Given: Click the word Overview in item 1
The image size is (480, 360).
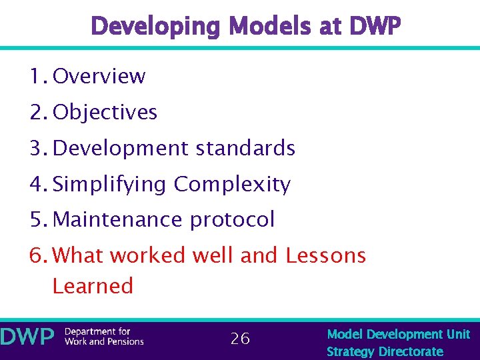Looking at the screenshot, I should click(99, 77).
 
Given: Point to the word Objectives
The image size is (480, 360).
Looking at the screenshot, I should click(105, 113).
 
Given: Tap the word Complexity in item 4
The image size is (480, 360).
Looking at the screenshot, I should click(232, 184).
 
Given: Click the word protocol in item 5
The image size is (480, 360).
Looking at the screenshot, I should click(233, 220).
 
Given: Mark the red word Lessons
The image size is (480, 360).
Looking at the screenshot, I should click(326, 255).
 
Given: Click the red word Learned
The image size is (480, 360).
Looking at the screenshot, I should click(93, 286).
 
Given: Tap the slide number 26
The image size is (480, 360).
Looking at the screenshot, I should click(240, 339).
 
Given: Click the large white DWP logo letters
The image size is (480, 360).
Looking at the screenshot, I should click(27, 337).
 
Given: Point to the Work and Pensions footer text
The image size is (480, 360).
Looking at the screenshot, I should click(104, 342).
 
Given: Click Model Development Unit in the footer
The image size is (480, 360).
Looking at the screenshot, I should click(398, 334).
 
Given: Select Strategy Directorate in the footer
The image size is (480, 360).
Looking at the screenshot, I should click(385, 351).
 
